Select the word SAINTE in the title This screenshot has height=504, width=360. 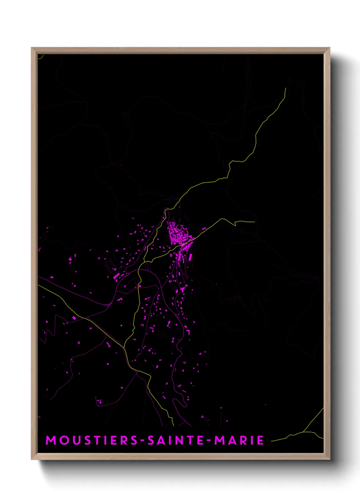click(x=176, y=440)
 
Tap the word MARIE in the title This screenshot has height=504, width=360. click(x=239, y=440)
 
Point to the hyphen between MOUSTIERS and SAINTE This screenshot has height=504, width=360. click(x=143, y=441)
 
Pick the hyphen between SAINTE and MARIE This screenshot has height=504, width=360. click(x=209, y=441)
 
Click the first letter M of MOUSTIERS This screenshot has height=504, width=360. click(x=51, y=440)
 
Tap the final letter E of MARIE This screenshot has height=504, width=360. click(x=260, y=440)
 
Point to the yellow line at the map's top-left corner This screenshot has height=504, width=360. click(x=40, y=57)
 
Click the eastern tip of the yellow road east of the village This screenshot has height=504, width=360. click(x=254, y=222)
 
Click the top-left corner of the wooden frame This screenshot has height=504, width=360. click(x=32, y=48)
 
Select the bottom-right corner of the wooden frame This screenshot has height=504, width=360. click(x=330, y=460)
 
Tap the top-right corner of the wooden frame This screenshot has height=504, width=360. click(x=330, y=48)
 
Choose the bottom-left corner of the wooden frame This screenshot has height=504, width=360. click(x=32, y=460)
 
